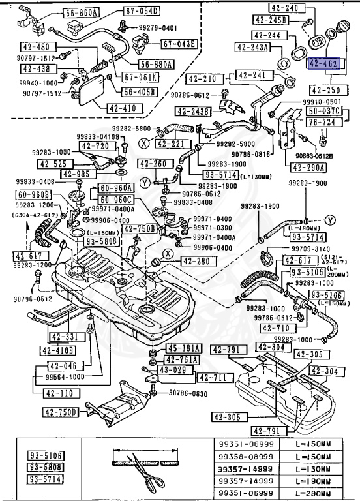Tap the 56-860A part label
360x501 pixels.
[82, 13]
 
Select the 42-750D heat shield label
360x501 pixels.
[61, 412]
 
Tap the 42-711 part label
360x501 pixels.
[212, 378]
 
